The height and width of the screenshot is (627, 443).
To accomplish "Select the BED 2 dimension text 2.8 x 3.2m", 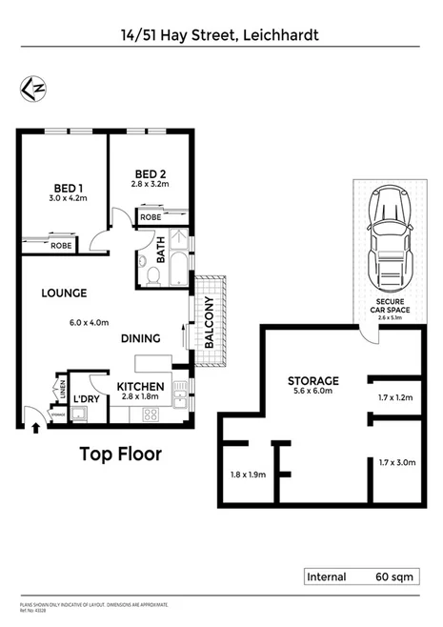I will [x=149, y=184].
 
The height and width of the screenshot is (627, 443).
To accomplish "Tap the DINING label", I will [x=139, y=338].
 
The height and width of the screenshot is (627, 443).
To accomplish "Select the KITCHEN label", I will [x=141, y=386].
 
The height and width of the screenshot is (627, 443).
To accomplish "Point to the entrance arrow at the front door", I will [x=36, y=428].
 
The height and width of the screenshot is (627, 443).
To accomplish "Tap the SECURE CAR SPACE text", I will [x=392, y=308].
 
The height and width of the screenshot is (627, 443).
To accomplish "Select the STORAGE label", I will [x=313, y=381].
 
